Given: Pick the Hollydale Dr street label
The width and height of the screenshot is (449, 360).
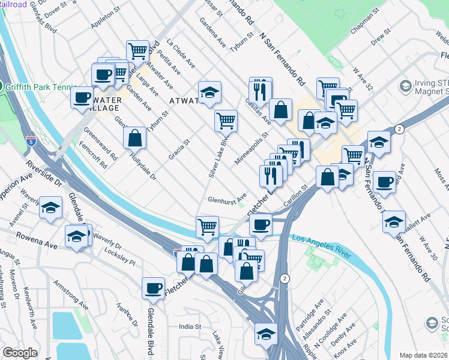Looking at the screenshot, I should pos(143,167).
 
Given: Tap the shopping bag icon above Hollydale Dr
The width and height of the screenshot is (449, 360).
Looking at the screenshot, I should pos(135,137).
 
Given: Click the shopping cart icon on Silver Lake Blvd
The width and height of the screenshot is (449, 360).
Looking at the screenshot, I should pos(226,121).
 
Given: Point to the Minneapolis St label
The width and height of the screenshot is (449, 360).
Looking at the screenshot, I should pos(256,148).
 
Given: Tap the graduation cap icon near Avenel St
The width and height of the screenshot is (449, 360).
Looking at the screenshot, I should pos(51,208).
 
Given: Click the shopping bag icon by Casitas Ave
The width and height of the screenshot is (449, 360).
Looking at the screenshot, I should pos(280,110).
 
